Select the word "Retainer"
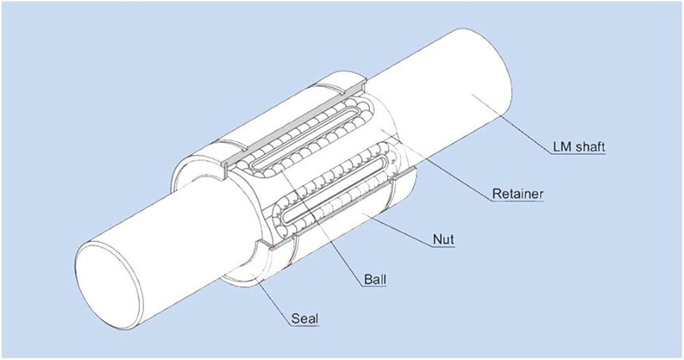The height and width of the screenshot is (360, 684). [x=518, y=194]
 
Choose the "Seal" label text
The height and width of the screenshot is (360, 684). [x=304, y=318]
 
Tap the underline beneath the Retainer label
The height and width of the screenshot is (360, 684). [x=518, y=203]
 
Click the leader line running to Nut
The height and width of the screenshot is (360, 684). [x=404, y=229]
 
